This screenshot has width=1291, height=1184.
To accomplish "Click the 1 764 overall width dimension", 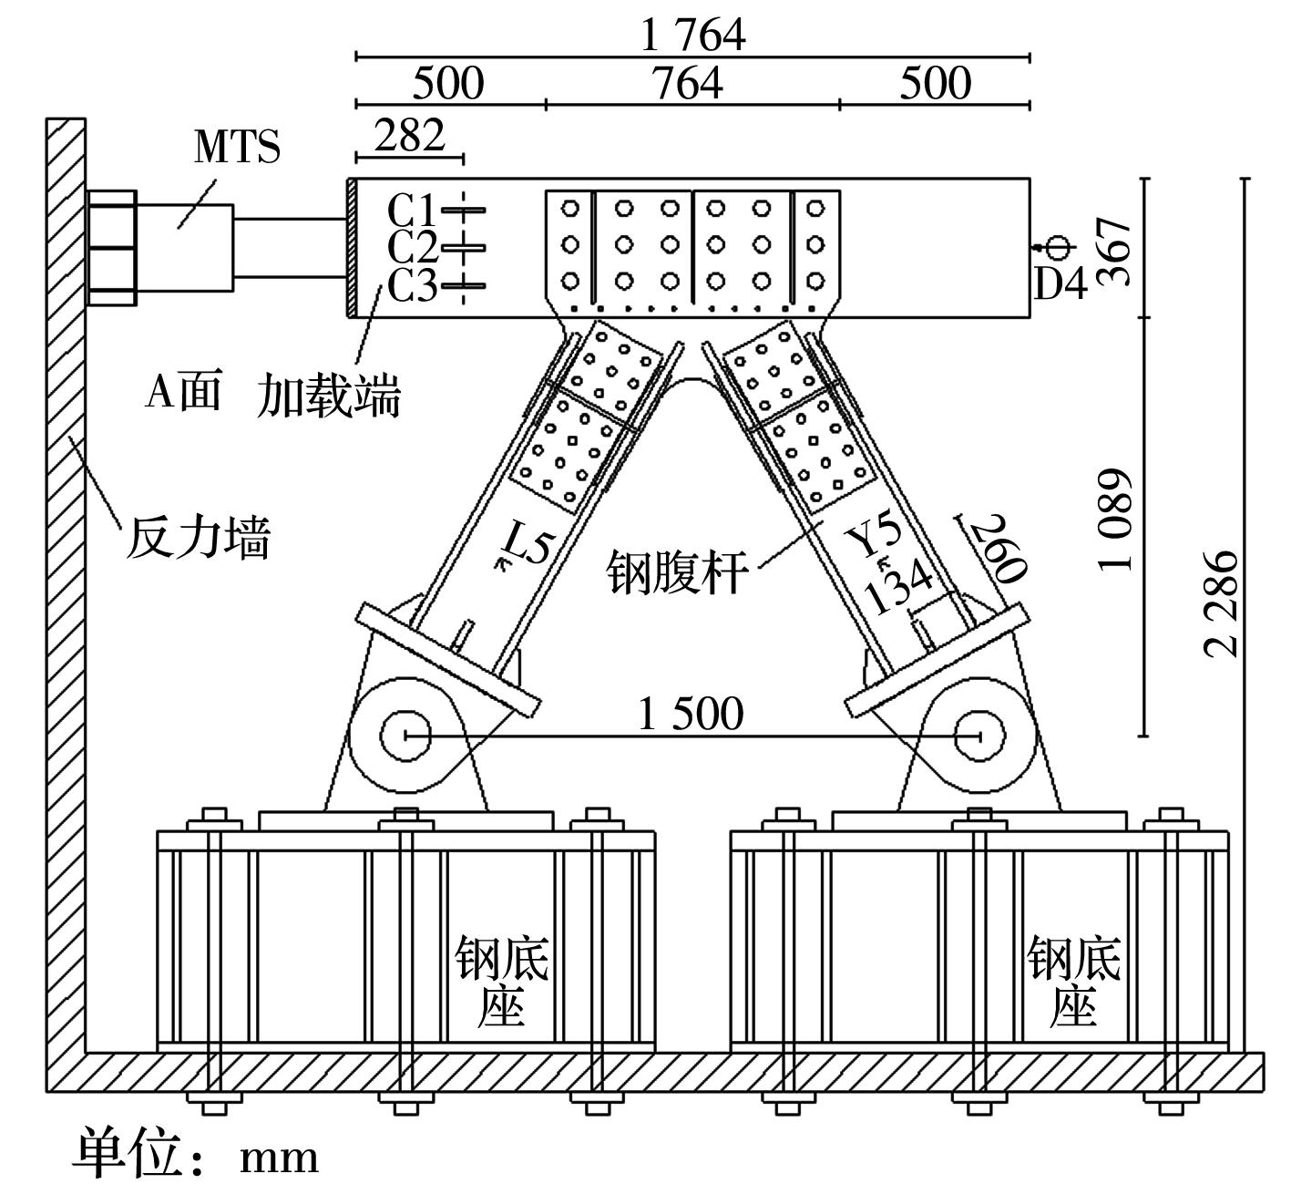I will click(692, 35).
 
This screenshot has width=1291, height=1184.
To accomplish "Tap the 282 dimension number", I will click(410, 135).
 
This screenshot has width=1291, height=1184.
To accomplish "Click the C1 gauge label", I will click(412, 211).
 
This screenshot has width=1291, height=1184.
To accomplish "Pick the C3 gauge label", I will click(412, 286).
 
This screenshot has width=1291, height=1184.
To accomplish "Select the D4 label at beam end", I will click(1060, 285).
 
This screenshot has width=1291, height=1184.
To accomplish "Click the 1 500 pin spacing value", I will click(690, 713).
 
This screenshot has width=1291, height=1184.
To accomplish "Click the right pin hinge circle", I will click(979, 735).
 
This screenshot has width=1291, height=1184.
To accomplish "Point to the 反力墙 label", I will click(198, 538).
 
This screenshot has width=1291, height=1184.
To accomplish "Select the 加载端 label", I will click(328, 397).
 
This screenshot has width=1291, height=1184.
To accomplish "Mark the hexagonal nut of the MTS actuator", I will click(111, 247).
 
